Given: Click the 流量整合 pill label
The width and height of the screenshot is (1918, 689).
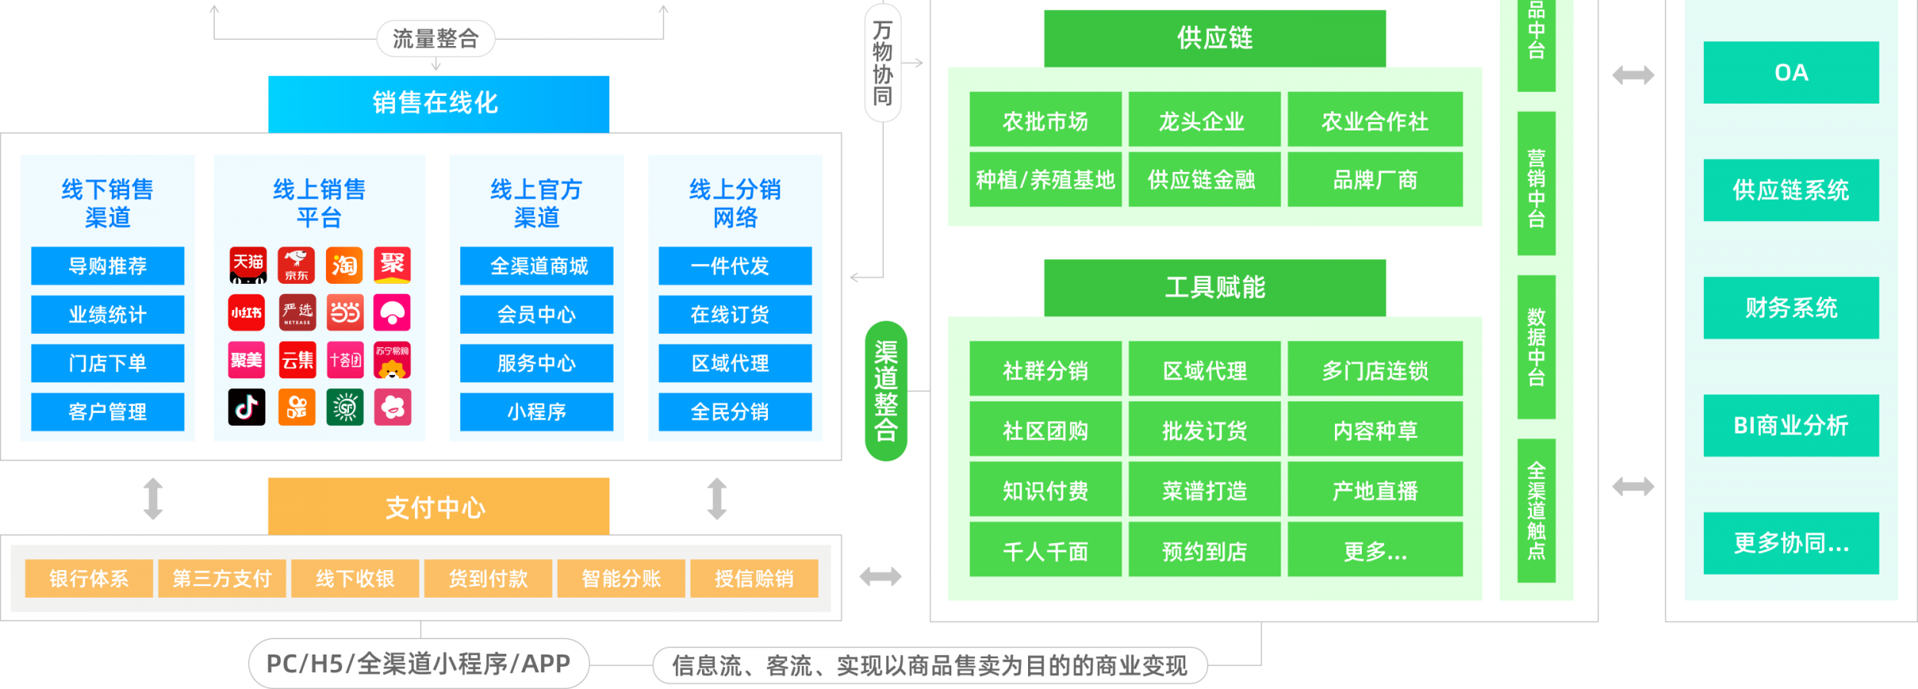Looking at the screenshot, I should click(x=435, y=38).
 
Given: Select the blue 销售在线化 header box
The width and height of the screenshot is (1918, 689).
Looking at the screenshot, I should click(x=438, y=103).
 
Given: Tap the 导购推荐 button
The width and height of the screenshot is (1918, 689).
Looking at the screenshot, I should click(x=107, y=265).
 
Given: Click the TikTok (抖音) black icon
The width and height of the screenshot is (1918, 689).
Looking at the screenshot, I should click(x=246, y=407).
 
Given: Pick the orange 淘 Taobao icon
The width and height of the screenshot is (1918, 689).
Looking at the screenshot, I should click(x=344, y=265).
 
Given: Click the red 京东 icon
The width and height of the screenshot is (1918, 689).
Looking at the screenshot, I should click(x=296, y=265).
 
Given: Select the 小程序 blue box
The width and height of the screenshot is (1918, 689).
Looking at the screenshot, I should click(x=536, y=412).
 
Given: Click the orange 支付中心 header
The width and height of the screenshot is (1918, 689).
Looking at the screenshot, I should click(x=438, y=506).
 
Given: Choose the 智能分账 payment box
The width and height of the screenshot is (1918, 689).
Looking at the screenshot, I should click(x=621, y=579).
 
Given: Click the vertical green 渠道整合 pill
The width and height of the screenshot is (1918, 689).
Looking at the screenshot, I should click(x=886, y=391).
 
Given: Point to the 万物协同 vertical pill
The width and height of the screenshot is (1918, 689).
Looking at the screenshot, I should click(x=882, y=63).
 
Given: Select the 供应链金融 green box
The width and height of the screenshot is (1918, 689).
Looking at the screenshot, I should click(x=1203, y=180).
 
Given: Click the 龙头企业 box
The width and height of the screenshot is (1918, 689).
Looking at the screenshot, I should click(x=1203, y=120).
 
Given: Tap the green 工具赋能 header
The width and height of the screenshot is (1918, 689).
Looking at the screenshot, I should click(x=1214, y=287).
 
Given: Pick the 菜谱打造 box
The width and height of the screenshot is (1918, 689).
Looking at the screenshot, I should click(x=1204, y=490).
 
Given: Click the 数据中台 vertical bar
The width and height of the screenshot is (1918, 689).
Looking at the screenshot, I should click(x=1536, y=347).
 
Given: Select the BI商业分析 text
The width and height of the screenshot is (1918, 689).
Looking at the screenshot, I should click(x=1791, y=425).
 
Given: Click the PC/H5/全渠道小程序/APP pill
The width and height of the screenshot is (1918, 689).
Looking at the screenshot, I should click(x=419, y=664).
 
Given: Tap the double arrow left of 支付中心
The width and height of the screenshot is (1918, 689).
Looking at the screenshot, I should click(x=153, y=499).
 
